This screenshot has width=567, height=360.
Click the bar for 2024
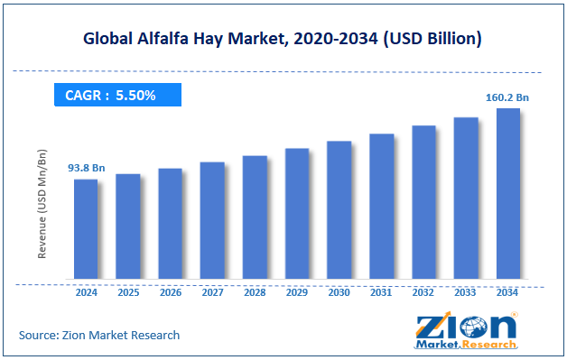pyautogui.click(x=86, y=229)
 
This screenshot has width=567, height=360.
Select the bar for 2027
pyautogui.click(x=212, y=221)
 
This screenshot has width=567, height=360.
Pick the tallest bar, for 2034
pyautogui.click(x=507, y=194)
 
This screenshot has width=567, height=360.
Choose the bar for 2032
pyautogui.click(x=423, y=202)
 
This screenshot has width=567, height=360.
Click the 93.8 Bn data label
pyautogui.click(x=87, y=168)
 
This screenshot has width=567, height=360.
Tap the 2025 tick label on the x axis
pyautogui.click(x=128, y=291)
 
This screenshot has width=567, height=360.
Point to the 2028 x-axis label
pyautogui.click(x=255, y=291)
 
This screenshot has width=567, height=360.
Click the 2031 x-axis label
pyautogui.click(x=381, y=291)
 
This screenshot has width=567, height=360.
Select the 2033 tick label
pyautogui.click(x=465, y=291)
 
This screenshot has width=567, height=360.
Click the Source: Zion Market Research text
pyautogui.click(x=98, y=335)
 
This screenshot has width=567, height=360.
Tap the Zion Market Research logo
pyautogui.click(x=466, y=330)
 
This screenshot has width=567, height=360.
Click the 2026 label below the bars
pyautogui.click(x=170, y=291)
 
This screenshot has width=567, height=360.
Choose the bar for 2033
pyautogui.click(x=465, y=198)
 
